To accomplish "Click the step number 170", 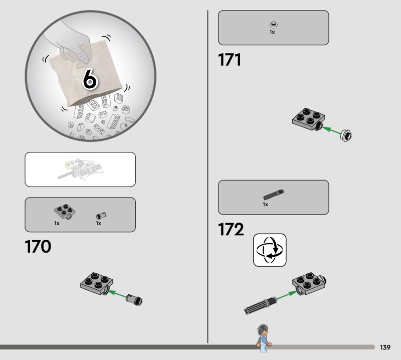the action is click(38, 246).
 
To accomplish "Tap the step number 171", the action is click(230, 60).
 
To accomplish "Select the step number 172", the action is click(231, 229).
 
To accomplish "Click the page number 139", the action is click(385, 347).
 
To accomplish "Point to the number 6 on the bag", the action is click(90, 79).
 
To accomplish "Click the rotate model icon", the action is click(270, 250).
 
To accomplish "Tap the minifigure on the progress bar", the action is click(263, 338).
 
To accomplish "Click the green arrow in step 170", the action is click(117, 294).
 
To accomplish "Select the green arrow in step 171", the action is click(331, 130).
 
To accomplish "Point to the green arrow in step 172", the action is click(287, 295).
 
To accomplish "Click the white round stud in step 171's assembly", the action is click(346, 135).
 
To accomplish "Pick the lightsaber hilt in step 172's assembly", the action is click(260, 305).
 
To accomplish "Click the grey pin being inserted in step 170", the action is click(134, 299).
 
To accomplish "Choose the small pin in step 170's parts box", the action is click(101, 216).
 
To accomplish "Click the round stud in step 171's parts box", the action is click(274, 25).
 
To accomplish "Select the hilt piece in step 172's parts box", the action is click(274, 195).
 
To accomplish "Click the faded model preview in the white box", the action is click(80, 168).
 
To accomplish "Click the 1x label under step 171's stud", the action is click(272, 32).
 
